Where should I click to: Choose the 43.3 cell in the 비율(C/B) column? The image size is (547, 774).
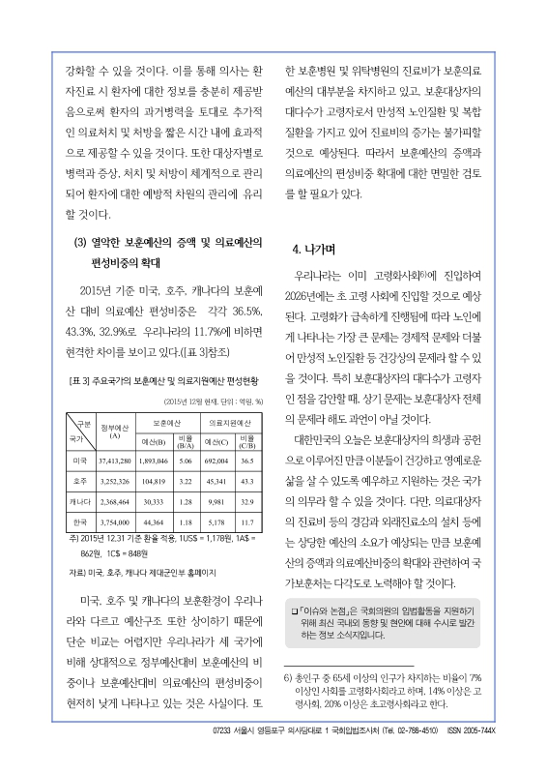click(x=246, y=481)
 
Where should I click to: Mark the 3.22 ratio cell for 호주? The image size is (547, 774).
click(x=186, y=481)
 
